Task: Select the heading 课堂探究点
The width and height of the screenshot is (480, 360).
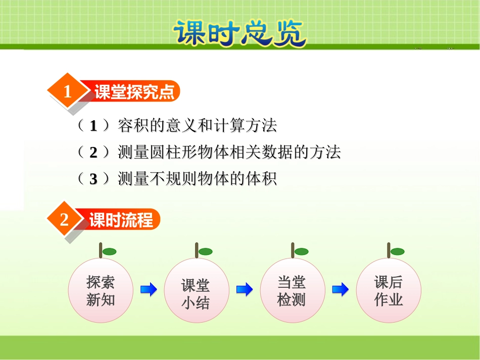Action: pyautogui.click(x=134, y=92)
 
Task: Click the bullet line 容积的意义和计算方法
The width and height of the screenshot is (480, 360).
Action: pyautogui.click(x=197, y=125)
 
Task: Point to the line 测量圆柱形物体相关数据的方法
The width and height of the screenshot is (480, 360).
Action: pyautogui.click(x=229, y=152)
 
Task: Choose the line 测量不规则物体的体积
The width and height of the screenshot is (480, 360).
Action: pyautogui.click(x=197, y=179)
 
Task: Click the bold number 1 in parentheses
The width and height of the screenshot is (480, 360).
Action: pyautogui.click(x=93, y=126)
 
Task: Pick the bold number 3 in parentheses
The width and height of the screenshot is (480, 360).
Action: pyautogui.click(x=93, y=179)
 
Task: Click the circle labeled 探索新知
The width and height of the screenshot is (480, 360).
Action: pyautogui.click(x=101, y=290)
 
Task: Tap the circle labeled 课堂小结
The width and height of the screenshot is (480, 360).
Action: pyautogui.click(x=196, y=291)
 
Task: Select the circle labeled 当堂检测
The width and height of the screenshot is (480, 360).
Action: pyautogui.click(x=292, y=290)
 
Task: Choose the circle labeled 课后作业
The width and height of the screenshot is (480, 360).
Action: pyautogui.click(x=388, y=290)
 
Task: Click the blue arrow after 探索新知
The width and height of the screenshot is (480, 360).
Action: pyautogui.click(x=149, y=290)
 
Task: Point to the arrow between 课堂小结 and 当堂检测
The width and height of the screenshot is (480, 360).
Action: pyautogui.click(x=245, y=290)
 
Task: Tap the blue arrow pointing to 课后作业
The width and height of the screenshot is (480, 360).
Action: pyautogui.click(x=341, y=290)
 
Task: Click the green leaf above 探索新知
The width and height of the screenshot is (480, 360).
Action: pyautogui.click(x=110, y=251)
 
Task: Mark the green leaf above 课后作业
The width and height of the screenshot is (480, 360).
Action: pyautogui.click(x=398, y=251)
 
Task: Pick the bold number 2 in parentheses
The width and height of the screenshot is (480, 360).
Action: pyautogui.click(x=93, y=152)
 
